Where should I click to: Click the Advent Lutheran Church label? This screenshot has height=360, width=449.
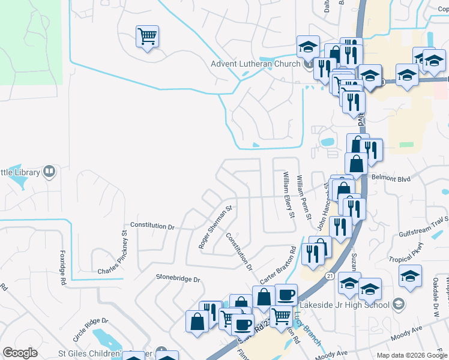tap(256, 64)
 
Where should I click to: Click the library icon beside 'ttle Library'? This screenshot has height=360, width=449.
tap(49, 172)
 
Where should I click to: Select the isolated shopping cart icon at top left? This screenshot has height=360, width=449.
tap(147, 37)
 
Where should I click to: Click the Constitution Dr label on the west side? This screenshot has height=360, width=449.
tap(152, 226)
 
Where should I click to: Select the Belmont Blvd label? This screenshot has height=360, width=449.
tap(391, 178)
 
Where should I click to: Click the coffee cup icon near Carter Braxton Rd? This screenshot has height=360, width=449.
tap(286, 294)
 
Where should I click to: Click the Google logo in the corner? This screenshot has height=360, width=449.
tap(20, 353)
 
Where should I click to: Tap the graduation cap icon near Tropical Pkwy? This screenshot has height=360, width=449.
tap(411, 275)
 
